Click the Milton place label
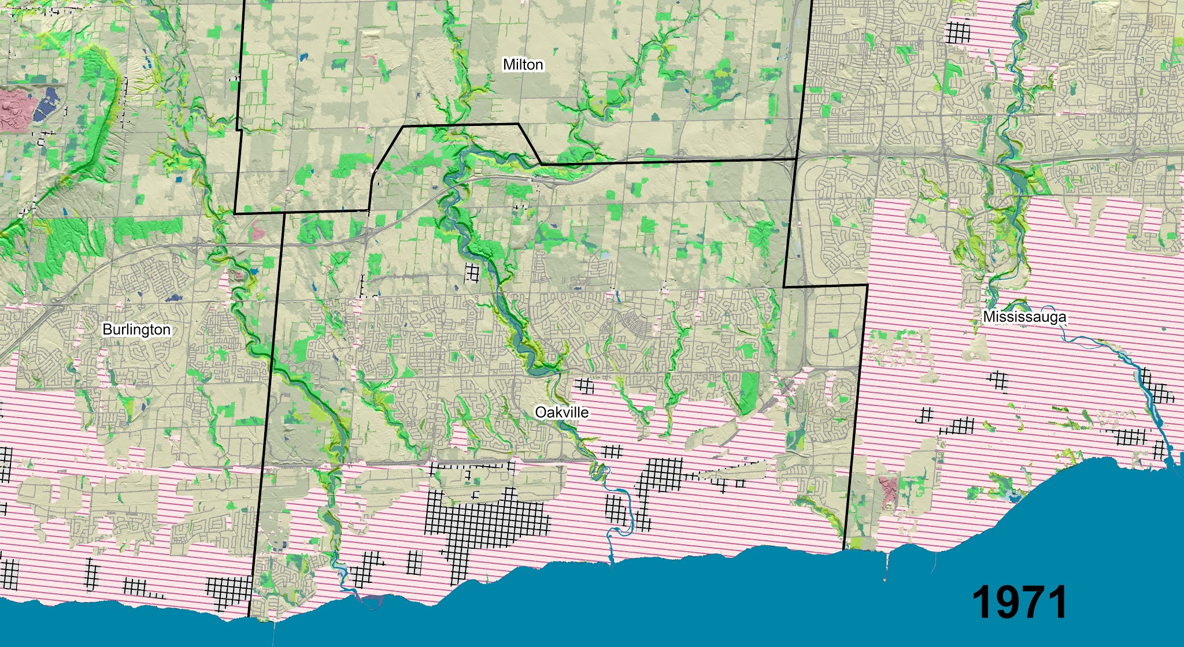click(x=523, y=64)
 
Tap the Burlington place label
click(x=136, y=329)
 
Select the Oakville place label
click(x=561, y=412)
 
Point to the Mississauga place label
click(x=1024, y=317)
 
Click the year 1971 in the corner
click(x=1020, y=602)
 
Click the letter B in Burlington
click(x=106, y=329)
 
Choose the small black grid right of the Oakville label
click(x=584, y=385)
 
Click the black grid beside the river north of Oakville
click(x=472, y=272)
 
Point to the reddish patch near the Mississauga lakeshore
click(x=887, y=488)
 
